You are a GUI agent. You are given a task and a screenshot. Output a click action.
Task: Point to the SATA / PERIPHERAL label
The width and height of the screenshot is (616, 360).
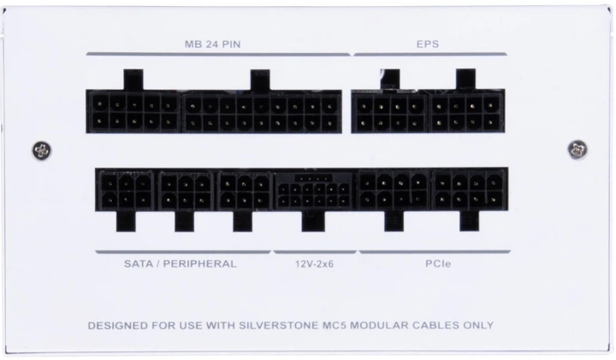coord(180,263)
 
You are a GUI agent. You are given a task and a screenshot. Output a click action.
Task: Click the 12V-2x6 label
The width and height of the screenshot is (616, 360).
coord(315,263)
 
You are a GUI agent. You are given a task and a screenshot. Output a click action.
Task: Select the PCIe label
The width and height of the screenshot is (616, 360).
coord(434,263)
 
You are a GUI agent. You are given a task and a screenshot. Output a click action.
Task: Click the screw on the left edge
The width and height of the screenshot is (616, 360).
coord(38,150)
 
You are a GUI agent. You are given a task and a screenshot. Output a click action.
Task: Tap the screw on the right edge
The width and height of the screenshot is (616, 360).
coord(577,150)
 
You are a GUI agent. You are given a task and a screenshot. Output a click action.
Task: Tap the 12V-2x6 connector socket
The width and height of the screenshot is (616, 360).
coord(313,191)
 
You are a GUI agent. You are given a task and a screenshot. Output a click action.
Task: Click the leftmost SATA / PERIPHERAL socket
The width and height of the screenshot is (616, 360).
coord(125,191)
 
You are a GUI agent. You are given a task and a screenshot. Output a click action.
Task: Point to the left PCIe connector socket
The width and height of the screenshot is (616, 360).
coord(393,191)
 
